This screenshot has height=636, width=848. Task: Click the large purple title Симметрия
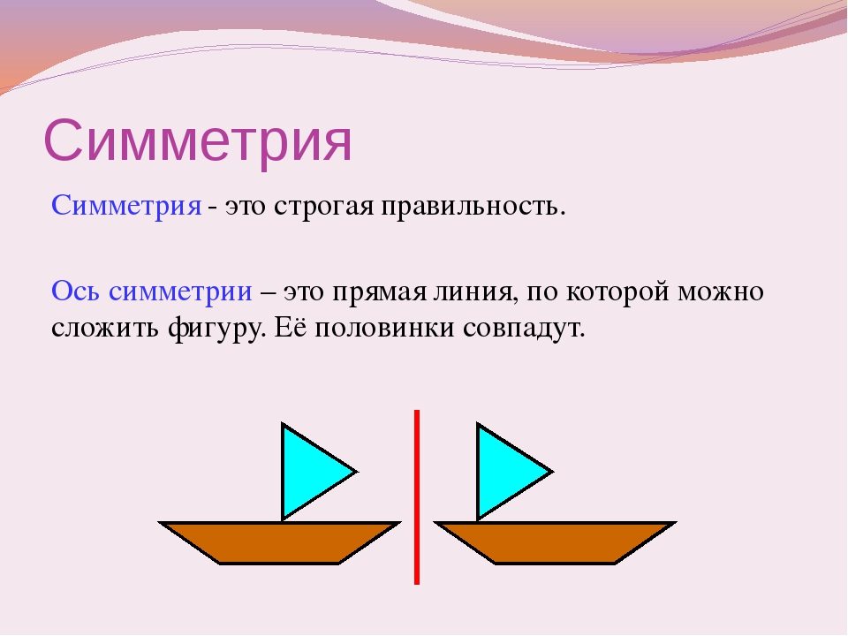tap(197, 140)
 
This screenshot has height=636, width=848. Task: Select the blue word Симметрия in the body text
tap(126, 206)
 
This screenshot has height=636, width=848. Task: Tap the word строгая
tap(323, 207)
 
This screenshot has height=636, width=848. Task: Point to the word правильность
tap(473, 207)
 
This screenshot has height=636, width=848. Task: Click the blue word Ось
tap(75, 291)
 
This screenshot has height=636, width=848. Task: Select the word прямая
tap(379, 292)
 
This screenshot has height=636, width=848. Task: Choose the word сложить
tap(105, 329)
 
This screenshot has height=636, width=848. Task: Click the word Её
tap(291, 326)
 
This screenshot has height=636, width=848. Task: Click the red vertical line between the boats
tap(417, 497)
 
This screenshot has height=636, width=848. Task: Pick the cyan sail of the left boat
tap(312, 472)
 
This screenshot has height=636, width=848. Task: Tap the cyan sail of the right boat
tap(507, 472)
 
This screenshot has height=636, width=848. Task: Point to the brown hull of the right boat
tap(556, 543)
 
